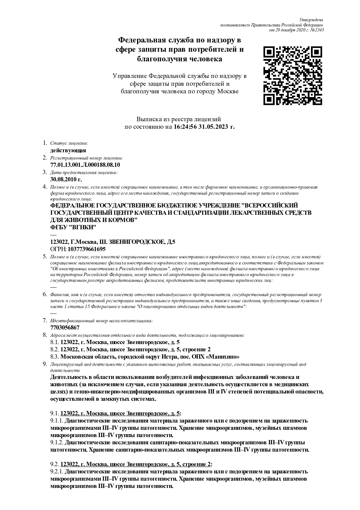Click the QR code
point(293,75)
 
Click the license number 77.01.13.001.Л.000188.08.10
point(85,165)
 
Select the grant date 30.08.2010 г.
point(66,179)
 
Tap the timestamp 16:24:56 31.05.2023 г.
point(204,127)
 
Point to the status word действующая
point(68,150)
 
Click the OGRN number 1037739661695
point(87,249)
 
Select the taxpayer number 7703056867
point(65,328)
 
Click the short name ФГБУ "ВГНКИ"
point(73,227)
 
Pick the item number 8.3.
point(55,357)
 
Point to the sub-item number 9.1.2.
point(57,442)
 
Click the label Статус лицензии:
point(69,143)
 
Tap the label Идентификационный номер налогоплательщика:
point(101,321)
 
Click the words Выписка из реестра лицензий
point(179,119)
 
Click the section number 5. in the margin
point(45,256)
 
